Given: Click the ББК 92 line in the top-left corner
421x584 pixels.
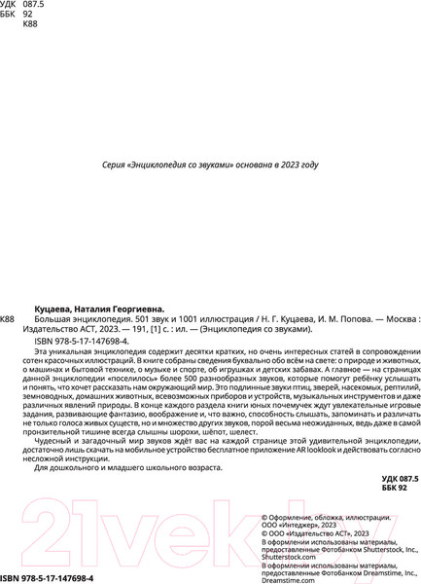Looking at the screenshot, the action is (17, 15).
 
